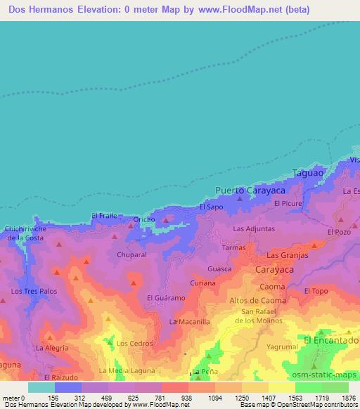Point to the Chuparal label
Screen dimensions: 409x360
[131, 254]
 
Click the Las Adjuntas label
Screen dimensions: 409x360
[254, 229]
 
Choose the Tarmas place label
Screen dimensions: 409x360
[233, 248]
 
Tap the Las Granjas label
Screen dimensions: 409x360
[287, 255]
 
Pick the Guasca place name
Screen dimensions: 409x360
[219, 268]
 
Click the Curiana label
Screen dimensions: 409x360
[203, 283]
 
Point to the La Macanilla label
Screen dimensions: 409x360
[190, 321]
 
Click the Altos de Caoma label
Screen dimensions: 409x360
[258, 301]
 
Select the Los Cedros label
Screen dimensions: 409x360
[133, 344]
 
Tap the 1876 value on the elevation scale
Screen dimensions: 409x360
[349, 397]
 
